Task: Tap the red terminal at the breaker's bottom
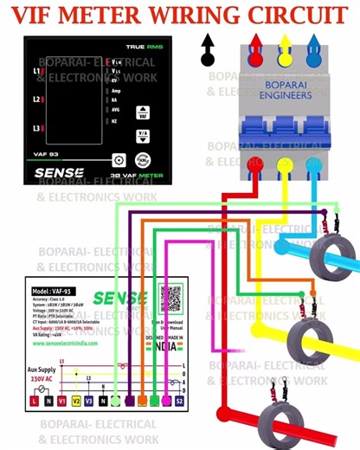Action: pos(254,164)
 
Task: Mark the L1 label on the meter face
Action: pos(37,71)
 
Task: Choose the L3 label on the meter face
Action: pos(37,128)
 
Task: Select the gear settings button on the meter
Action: pos(119,160)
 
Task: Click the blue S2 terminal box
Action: pos(180,401)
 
